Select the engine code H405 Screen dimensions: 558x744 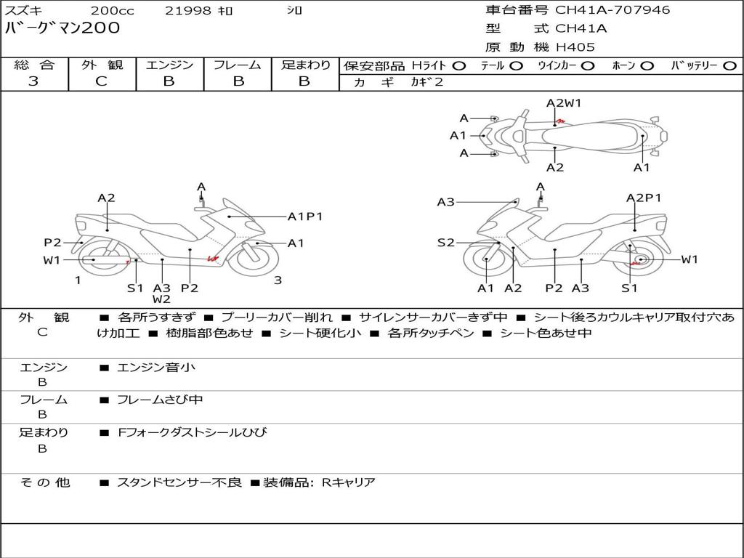click(575, 47)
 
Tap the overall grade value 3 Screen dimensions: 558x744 click(33, 81)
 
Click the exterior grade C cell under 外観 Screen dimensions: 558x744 click(102, 81)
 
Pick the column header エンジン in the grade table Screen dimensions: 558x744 click(169, 65)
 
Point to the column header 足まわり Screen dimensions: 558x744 click(305, 65)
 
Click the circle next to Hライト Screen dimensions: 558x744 click(459, 65)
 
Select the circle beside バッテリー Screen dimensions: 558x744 click(729, 65)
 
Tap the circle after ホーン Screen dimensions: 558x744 click(647, 65)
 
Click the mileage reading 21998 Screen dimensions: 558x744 click(188, 11)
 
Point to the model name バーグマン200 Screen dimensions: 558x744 click(62, 28)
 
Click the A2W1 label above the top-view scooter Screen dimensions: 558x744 click(564, 103)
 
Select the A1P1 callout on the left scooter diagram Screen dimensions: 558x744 click(305, 216)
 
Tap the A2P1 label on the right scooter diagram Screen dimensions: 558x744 click(644, 198)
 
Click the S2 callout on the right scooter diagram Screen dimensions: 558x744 click(445, 243)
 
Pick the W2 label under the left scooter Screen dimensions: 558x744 click(161, 299)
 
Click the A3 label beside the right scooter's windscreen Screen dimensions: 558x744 click(445, 202)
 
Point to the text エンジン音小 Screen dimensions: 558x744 click(156, 368)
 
